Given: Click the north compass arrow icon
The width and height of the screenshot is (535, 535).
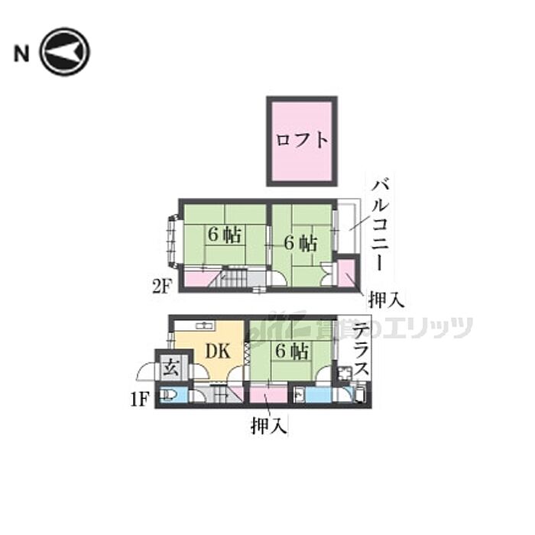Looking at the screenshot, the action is pos(65,52).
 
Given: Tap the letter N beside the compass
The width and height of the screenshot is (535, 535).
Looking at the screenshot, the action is pos(21,53).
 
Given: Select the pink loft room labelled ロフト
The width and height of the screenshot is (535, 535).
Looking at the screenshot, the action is pos(302,141).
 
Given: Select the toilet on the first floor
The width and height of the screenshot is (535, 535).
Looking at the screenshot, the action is pos(168,395).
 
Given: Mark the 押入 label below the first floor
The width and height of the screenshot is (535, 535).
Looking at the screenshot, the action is pos(267,426).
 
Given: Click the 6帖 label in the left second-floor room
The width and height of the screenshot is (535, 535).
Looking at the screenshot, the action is pos(224,235).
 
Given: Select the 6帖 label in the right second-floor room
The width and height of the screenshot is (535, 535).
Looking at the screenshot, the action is pos(301,243).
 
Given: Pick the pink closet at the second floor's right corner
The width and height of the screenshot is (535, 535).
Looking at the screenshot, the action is pos(345,274).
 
